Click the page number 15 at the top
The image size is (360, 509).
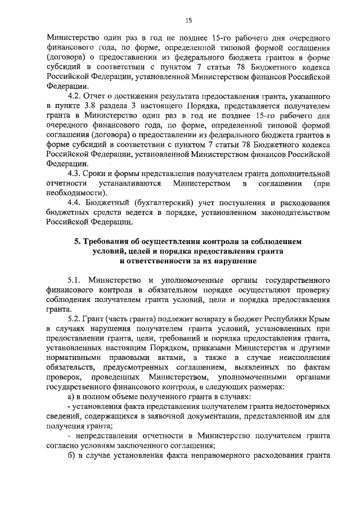point(188,21)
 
